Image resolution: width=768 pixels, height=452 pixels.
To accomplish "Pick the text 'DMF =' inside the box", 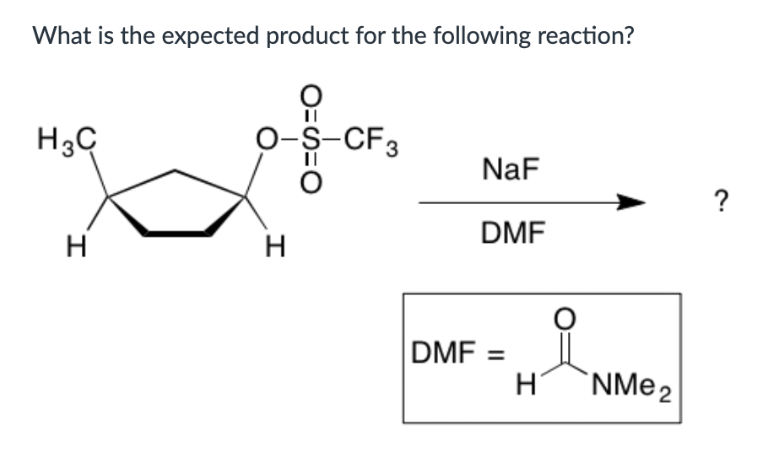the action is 454,349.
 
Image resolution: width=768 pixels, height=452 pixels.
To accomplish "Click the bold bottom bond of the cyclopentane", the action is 176,231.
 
